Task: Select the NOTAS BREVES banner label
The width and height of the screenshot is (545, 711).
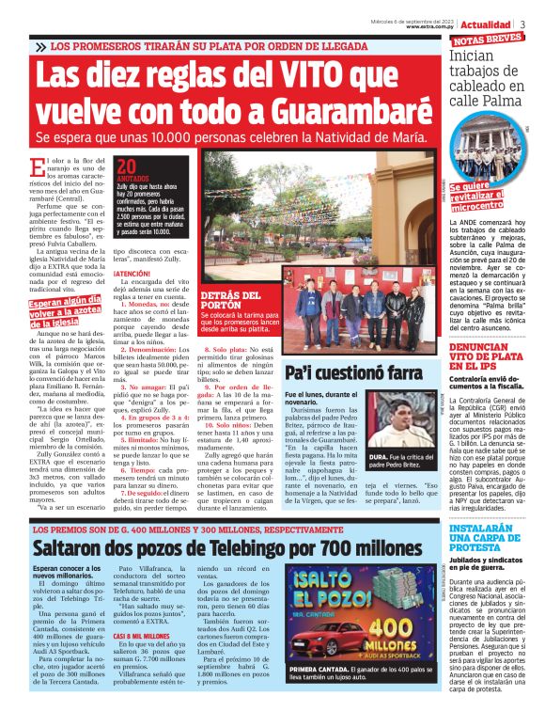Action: point(487,40)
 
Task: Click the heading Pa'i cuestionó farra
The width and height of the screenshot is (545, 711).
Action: point(347,374)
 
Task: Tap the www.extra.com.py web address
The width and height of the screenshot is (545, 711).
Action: point(431,27)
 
